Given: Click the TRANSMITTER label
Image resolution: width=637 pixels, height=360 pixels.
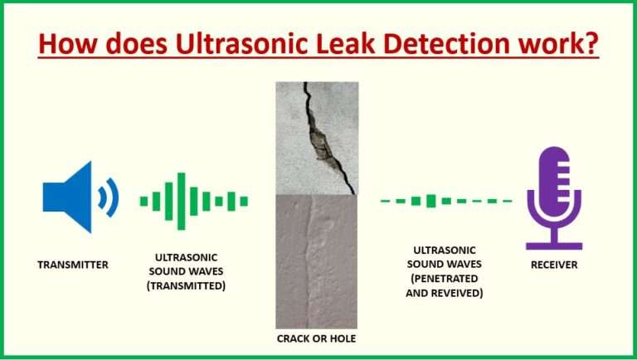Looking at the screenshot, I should (73, 265).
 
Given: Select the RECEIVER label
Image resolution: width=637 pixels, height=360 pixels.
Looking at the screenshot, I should (554, 265).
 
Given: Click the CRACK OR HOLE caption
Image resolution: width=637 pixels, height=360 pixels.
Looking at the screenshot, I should (317, 340).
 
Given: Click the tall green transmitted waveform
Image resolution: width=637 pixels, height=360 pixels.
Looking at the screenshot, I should (193, 200).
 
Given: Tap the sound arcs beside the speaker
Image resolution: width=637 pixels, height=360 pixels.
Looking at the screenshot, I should (109, 197).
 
